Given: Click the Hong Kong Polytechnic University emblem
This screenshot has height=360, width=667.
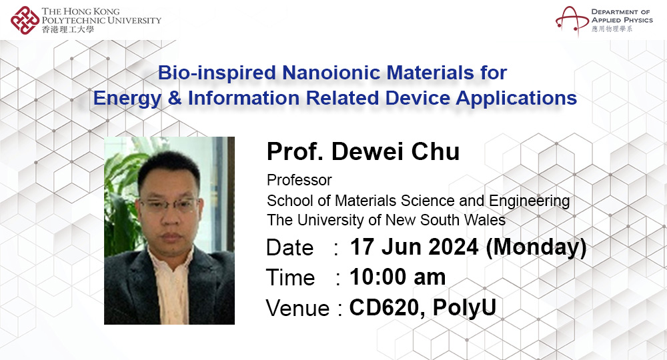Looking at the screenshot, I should pyautogui.click(x=25, y=20).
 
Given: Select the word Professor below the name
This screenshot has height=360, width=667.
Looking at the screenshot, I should pyautogui.click(x=299, y=180).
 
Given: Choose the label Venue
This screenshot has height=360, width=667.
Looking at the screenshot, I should pyautogui.click(x=297, y=309).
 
